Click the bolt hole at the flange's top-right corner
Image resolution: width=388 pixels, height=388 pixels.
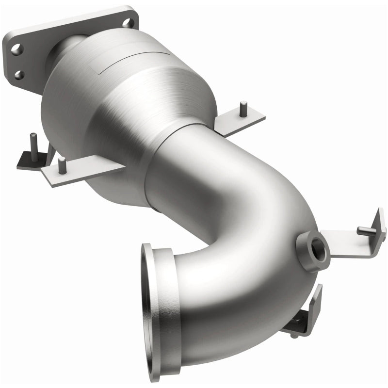(x=127, y=22)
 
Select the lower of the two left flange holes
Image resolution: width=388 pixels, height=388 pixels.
(x=19, y=74)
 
